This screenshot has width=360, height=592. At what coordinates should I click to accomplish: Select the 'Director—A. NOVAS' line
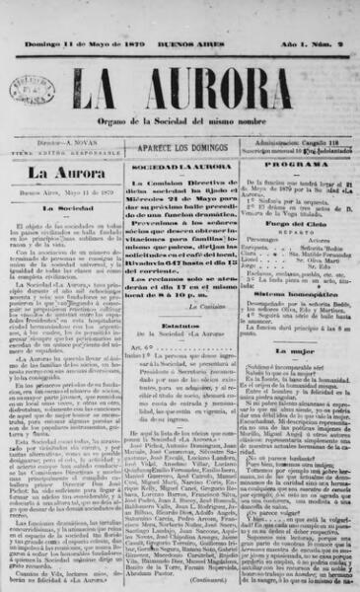[65, 143]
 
